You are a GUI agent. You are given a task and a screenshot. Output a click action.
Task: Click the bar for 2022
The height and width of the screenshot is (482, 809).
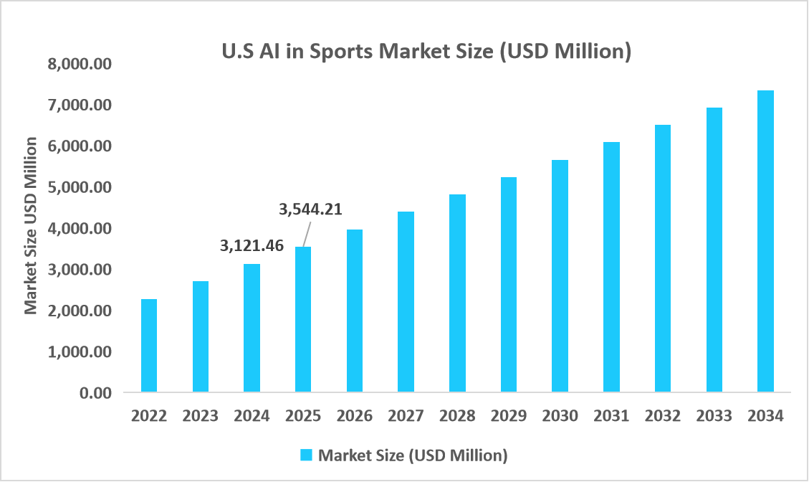pyautogui.click(x=149, y=346)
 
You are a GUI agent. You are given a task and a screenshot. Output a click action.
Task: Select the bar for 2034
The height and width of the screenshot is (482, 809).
pyautogui.click(x=765, y=242)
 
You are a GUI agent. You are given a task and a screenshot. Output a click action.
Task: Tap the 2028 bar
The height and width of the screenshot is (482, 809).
pyautogui.click(x=457, y=293)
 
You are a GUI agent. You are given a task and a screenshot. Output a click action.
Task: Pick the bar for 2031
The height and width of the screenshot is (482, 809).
pyautogui.click(x=611, y=267)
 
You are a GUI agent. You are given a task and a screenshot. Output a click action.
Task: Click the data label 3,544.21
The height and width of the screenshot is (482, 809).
pyautogui.click(x=310, y=209)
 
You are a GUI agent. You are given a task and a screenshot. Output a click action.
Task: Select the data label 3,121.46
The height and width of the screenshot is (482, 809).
pyautogui.click(x=252, y=246)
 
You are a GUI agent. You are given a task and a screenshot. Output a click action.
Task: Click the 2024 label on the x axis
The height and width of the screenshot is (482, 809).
pyautogui.click(x=252, y=416)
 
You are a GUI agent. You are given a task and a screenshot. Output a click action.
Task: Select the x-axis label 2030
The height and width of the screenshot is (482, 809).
pyautogui.click(x=560, y=416)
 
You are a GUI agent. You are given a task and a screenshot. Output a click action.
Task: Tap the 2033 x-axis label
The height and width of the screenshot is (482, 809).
pyautogui.click(x=714, y=416)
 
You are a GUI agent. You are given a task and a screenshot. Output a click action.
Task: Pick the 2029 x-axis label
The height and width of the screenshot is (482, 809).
pyautogui.click(x=509, y=416)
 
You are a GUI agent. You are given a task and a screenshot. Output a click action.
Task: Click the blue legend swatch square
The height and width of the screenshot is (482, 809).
pyautogui.click(x=306, y=455)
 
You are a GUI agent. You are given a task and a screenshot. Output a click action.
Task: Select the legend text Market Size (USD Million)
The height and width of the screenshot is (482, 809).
pyautogui.click(x=413, y=455)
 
